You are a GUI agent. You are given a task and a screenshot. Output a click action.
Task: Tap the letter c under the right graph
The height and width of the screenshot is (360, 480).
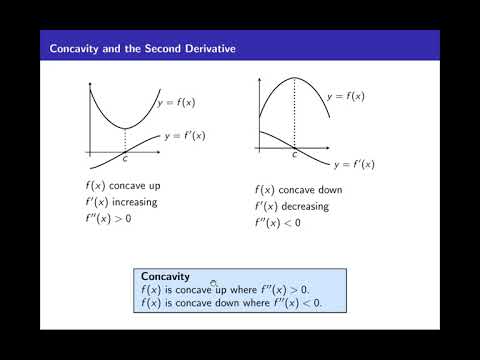click(x=294, y=156)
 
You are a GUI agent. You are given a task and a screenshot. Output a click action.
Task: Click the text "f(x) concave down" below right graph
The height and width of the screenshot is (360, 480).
click(x=301, y=189)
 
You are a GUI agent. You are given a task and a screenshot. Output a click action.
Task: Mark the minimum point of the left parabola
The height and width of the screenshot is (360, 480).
click(x=124, y=129)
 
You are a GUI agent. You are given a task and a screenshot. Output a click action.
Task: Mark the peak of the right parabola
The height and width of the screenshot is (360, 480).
click(x=294, y=77)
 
